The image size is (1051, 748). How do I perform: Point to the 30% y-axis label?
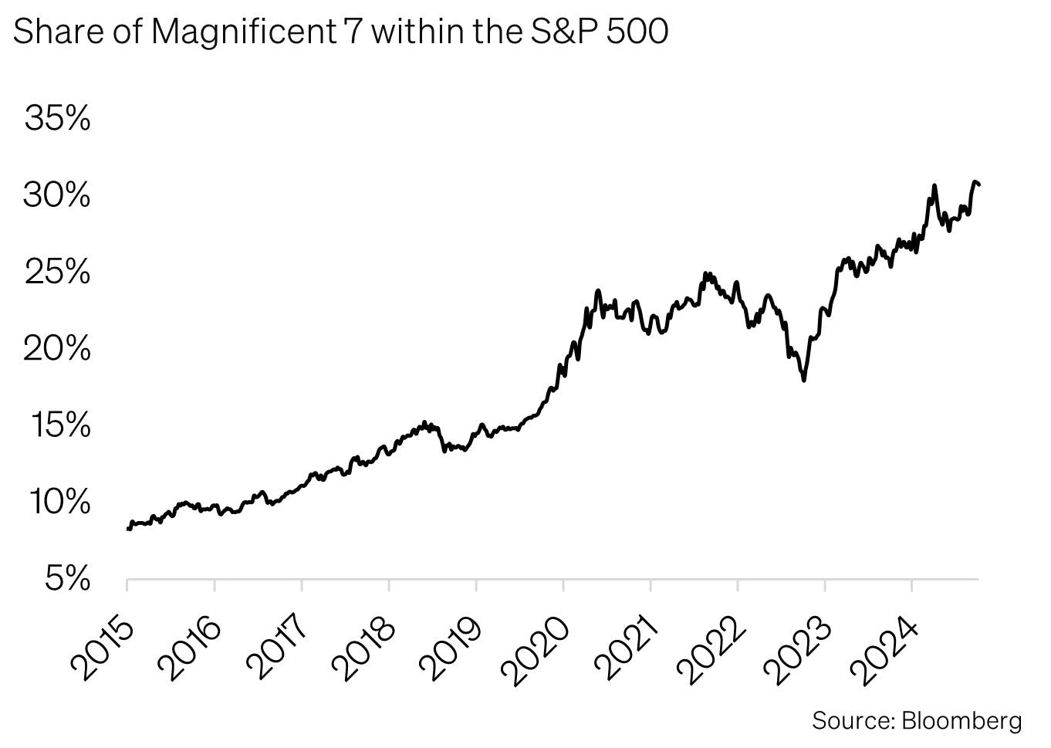point(57,195)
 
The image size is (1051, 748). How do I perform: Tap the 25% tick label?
point(57,272)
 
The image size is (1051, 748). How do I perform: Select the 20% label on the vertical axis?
point(57,349)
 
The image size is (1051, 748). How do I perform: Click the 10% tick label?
point(60,502)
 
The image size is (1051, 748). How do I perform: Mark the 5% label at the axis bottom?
point(67,578)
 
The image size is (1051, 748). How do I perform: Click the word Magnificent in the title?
point(244,32)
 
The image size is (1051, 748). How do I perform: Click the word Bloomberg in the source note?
point(961,721)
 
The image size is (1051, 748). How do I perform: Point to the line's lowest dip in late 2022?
point(804,380)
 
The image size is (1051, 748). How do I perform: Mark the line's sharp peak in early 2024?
point(934,186)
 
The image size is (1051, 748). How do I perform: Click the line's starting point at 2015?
point(128,529)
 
